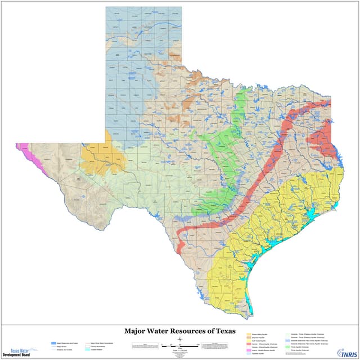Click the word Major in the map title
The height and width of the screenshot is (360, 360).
(x=138, y=331)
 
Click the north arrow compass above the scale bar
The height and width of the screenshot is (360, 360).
(x=179, y=340)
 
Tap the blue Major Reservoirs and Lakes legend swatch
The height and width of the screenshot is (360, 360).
(x=52, y=342)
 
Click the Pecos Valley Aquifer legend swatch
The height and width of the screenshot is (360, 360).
(x=248, y=335)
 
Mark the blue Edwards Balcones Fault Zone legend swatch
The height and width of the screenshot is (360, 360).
(x=288, y=340)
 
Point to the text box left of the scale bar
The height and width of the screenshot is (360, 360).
(x=144, y=345)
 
